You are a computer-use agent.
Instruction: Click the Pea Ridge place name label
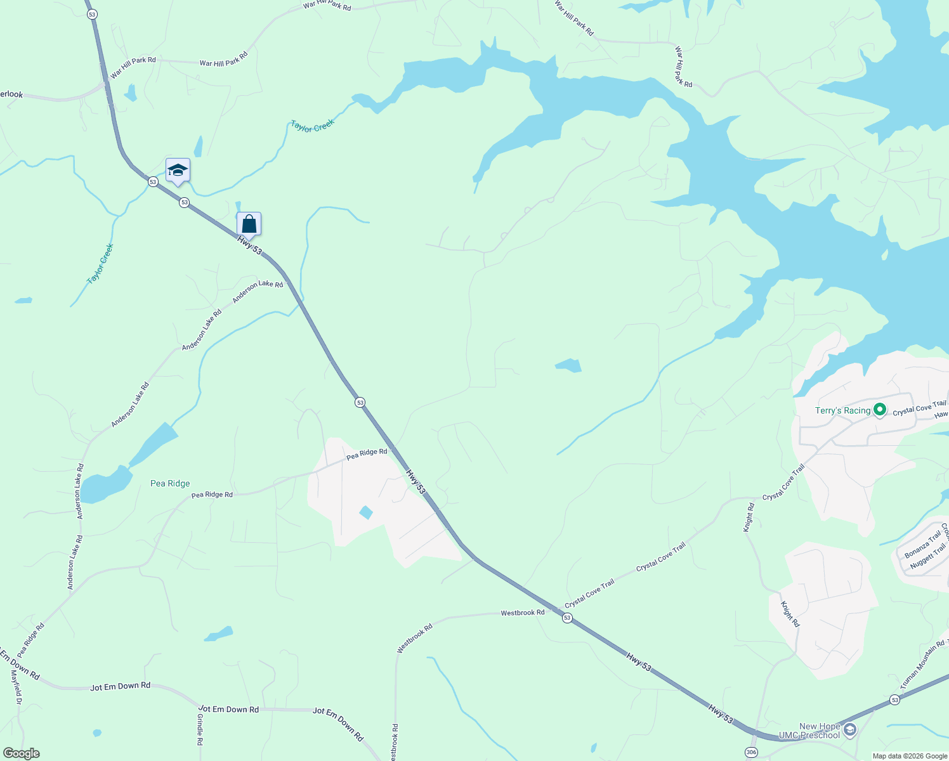pyautogui.click(x=170, y=483)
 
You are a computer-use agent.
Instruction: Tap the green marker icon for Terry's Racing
pyautogui.click(x=880, y=410)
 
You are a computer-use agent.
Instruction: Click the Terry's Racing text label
pyautogui.click(x=842, y=410)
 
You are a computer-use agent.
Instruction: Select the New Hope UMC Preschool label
pyautogui.click(x=819, y=731)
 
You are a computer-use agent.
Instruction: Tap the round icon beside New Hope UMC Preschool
pyautogui.click(x=851, y=731)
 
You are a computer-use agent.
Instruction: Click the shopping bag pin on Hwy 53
pyautogui.click(x=249, y=224)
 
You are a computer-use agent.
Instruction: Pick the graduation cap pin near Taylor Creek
pyautogui.click(x=178, y=170)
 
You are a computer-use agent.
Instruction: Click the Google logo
pyautogui.click(x=21, y=753)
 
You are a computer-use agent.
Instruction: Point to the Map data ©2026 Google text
pyautogui.click(x=910, y=756)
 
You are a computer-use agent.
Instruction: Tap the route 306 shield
pyautogui.click(x=750, y=751)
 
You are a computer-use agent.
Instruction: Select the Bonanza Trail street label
pyautogui.click(x=922, y=544)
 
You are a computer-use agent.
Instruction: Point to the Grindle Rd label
pyautogui.click(x=200, y=729)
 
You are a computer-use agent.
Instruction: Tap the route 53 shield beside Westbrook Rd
pyautogui.click(x=567, y=618)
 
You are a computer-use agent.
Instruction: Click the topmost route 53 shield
pyautogui.click(x=93, y=14)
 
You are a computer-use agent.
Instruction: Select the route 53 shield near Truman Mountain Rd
pyautogui.click(x=894, y=700)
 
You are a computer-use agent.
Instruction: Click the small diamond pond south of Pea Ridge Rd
pyautogui.click(x=365, y=512)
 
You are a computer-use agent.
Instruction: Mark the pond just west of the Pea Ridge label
pyautogui.click(x=104, y=486)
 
